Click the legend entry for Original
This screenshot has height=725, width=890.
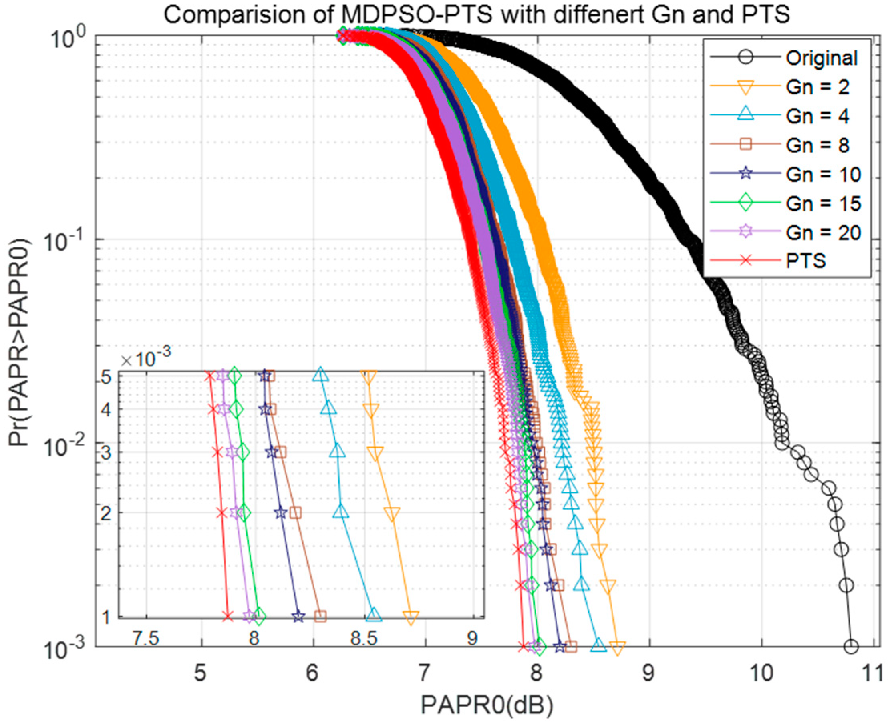[x=822, y=58]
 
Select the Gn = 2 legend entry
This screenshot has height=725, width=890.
[x=817, y=87]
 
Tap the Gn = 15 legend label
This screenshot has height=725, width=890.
[x=823, y=203]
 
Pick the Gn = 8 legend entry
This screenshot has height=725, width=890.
[x=817, y=145]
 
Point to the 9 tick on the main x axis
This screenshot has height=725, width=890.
[x=648, y=673]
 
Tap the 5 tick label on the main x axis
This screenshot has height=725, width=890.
[x=201, y=673]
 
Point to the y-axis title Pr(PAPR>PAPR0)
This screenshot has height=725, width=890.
[x=20, y=342]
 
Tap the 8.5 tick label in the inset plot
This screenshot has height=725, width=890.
[x=364, y=639]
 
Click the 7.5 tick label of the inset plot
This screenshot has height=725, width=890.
[x=147, y=639]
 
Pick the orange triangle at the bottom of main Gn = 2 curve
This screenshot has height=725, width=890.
[x=618, y=648]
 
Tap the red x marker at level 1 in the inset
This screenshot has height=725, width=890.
[x=227, y=616]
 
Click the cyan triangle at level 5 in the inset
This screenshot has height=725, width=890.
[x=320, y=375]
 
